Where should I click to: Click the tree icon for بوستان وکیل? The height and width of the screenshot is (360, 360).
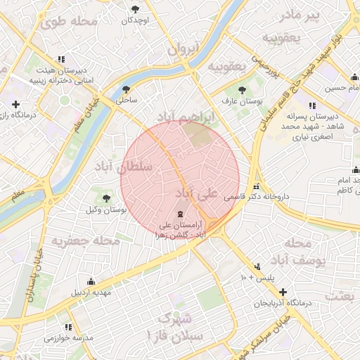[x=106, y=198]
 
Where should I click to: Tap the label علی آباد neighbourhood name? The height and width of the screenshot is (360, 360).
[x=196, y=192]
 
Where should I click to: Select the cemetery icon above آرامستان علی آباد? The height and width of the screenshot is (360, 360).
[x=179, y=214]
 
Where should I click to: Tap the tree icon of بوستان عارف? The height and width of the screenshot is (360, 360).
[x=243, y=90]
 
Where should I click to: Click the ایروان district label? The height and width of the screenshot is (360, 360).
[x=184, y=49]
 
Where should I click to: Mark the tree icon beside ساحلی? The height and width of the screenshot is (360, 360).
[x=126, y=89]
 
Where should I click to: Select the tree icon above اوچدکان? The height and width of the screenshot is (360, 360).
[x=135, y=8]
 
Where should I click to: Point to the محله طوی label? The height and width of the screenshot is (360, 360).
[x=68, y=21]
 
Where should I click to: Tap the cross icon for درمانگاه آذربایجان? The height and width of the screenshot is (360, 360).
[x=283, y=292]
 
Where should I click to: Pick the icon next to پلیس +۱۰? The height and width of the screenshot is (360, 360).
[x=258, y=267]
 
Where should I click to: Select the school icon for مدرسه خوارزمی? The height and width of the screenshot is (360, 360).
[x=68, y=327]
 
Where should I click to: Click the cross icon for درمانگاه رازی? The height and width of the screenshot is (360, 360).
[x=15, y=104]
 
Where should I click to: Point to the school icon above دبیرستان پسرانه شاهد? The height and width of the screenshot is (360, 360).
[x=312, y=106]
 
